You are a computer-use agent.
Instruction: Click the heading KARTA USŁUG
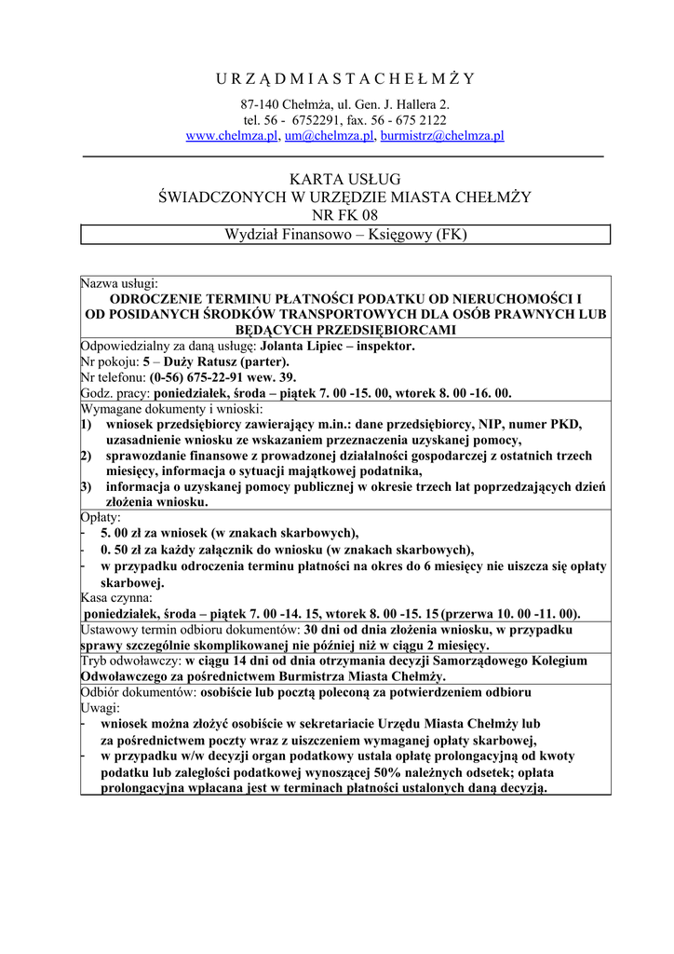pos(344,178)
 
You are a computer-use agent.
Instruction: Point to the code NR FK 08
pos(344,215)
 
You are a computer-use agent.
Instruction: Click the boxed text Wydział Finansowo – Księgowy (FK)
pos(345,235)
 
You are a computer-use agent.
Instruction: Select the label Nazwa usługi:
pos(120,282)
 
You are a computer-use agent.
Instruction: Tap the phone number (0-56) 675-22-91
pos(199,377)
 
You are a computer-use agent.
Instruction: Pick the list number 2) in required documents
pos(86,456)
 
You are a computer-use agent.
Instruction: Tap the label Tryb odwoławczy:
pos(131,661)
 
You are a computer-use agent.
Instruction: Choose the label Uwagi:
pos(100,708)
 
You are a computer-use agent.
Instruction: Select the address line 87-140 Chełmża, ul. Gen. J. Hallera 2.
pos(344,104)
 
